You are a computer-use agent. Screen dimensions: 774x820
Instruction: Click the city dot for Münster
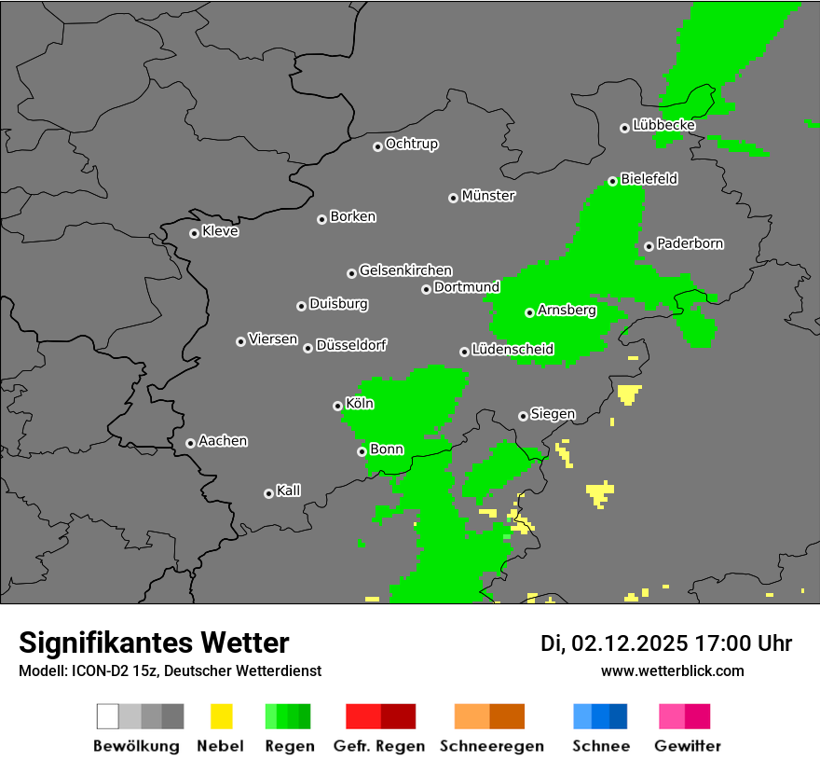coord(453,198)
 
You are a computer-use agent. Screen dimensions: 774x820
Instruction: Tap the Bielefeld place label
coord(649,178)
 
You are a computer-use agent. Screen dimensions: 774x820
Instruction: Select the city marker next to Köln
coord(337,406)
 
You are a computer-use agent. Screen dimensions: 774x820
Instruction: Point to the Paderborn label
coord(690,243)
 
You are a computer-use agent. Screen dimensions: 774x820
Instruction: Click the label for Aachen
coord(223,441)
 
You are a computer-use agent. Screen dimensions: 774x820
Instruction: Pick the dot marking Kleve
coord(194,233)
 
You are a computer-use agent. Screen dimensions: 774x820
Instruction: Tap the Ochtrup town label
coord(412,144)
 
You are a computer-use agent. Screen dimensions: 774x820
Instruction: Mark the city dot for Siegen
coord(523,416)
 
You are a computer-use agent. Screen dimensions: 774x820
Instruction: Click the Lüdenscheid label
coord(513,350)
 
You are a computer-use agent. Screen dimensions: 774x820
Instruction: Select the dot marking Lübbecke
coord(624,128)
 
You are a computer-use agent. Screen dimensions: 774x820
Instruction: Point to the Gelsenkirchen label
coord(405,270)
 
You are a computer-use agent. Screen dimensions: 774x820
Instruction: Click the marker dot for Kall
coord(268,493)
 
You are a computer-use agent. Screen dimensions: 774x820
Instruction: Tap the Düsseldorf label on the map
coord(351,345)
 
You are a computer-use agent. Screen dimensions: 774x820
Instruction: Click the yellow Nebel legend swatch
coord(221,716)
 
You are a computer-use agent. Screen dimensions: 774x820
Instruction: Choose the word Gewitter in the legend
coord(688,746)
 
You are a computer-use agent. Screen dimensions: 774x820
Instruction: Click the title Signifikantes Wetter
coord(154,643)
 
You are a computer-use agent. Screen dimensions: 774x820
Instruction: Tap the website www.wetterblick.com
coord(673,670)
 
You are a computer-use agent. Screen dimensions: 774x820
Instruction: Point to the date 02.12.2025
coord(630,643)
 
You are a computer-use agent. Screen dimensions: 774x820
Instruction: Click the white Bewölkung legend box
coord(107,716)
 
